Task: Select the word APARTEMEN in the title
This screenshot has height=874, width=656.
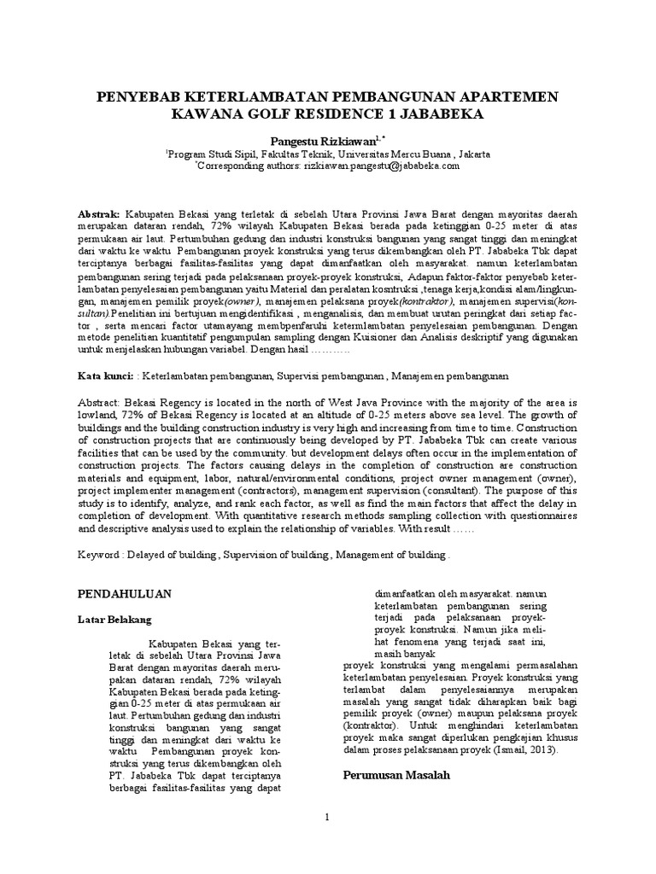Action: pos(508,97)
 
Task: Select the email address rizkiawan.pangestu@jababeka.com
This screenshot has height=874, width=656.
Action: pos(381,167)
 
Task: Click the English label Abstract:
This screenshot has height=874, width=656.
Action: pos(102,401)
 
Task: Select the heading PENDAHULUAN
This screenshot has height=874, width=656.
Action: pos(126,593)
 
